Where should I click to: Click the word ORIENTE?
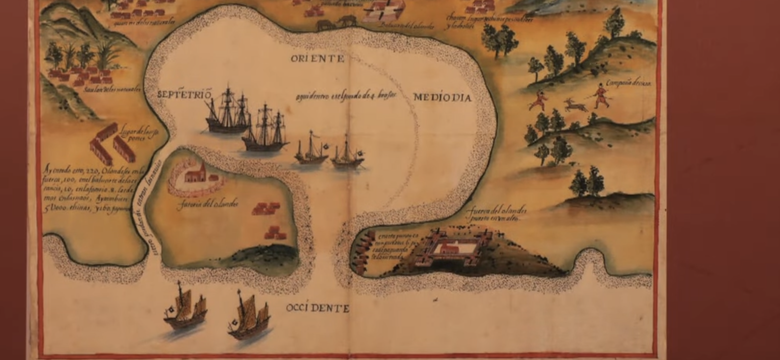tap(318, 60)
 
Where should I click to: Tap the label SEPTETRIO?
tap(185, 94)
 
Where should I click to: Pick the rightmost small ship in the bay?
tap(347, 152)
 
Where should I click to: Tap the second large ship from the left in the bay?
tap(266, 130)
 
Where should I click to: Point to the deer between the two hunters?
tap(573, 103)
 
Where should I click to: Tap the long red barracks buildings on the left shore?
tap(111, 145)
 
